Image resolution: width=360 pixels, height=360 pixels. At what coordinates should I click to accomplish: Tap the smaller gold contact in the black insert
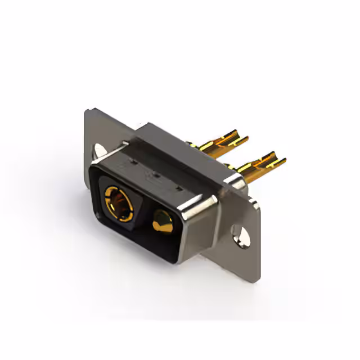(x=162, y=223)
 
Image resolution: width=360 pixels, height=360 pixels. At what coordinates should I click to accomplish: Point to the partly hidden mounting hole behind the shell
(x=100, y=150)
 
